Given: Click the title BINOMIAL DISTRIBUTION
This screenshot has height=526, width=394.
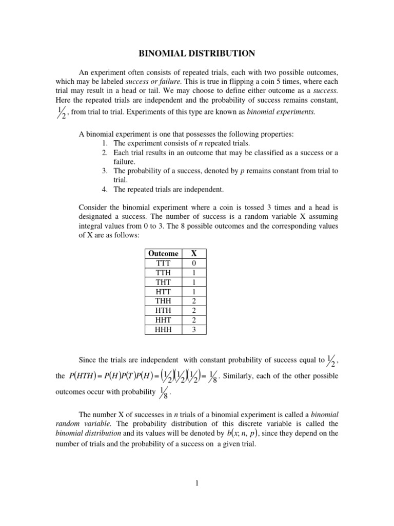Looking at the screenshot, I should [197, 53].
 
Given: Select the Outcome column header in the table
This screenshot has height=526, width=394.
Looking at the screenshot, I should [163, 253].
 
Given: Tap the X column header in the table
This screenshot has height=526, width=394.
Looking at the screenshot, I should [193, 253].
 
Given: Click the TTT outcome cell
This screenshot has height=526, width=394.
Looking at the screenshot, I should [163, 263].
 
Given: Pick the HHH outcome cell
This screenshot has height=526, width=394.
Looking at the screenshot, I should [163, 330].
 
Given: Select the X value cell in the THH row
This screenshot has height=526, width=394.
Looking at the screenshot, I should [193, 301].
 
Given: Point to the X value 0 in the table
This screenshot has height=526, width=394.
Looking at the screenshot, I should [193, 263].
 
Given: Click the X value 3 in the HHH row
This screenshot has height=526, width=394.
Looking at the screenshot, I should [193, 330].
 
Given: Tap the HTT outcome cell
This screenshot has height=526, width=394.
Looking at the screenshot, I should [163, 291].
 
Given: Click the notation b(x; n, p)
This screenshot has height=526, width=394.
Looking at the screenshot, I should [243, 434].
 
